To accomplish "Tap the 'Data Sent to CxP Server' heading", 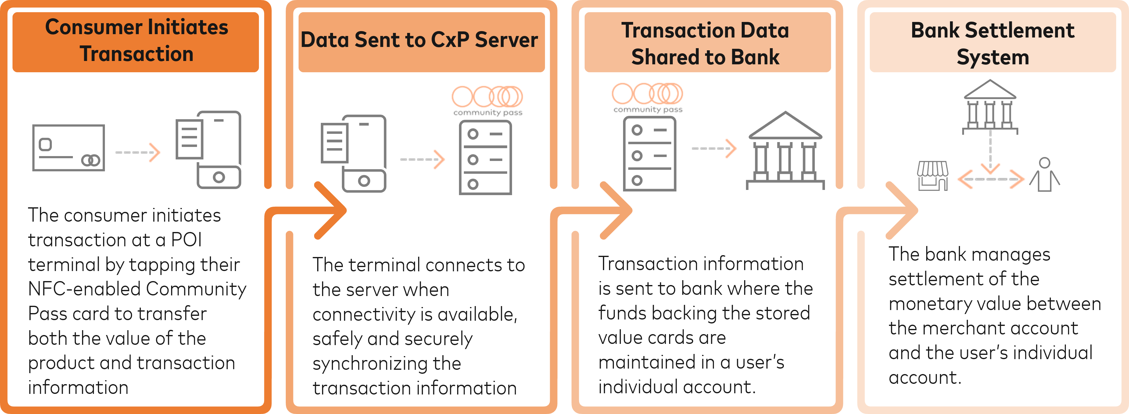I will click(419, 40).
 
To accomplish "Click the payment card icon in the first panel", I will click(69, 148).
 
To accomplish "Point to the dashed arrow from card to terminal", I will click(138, 152).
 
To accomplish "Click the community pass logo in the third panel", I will click(647, 97).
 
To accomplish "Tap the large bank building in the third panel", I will click(785, 151).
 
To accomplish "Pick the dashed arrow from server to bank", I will click(714, 148).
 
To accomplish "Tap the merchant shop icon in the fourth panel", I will click(933, 176).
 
